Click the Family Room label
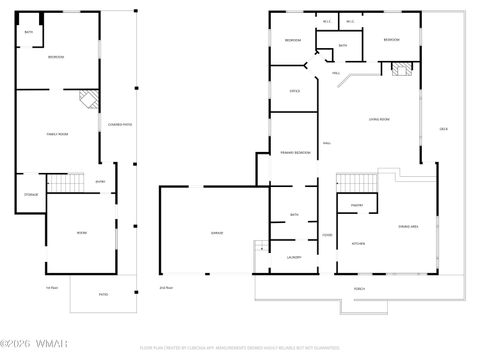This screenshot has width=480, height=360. pyautogui.click(x=57, y=133)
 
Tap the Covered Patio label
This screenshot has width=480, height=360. pyautogui.click(x=120, y=124)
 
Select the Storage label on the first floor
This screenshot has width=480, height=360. pyautogui.click(x=30, y=194)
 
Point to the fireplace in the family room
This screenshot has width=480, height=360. pyautogui.click(x=89, y=100)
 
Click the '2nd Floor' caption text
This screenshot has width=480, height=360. pyautogui.click(x=166, y=288)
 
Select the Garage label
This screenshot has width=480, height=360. pyautogui.click(x=216, y=233)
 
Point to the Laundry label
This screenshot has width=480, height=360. pyautogui.click(x=294, y=257)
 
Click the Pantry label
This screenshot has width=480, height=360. pyautogui.click(x=356, y=206)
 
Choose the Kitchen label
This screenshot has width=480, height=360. pyautogui.click(x=357, y=244)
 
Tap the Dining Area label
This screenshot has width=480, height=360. pyautogui.click(x=408, y=227)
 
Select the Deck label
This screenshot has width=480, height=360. pyautogui.click(x=443, y=129)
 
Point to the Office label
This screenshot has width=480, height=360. pyautogui.click(x=295, y=91)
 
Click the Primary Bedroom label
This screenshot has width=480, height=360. pyautogui.click(x=295, y=153)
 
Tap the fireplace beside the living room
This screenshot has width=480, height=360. pyautogui.click(x=403, y=71)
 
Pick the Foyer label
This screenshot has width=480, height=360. pyautogui.click(x=326, y=234)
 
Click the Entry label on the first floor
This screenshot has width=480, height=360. pyautogui.click(x=100, y=181)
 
